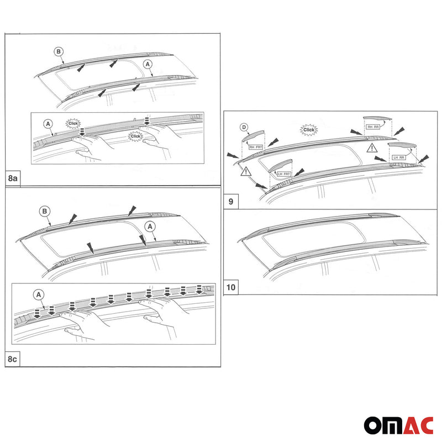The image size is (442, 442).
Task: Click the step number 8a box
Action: [13, 180]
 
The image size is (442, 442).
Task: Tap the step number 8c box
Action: [13, 359]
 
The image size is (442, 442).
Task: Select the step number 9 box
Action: [230, 202]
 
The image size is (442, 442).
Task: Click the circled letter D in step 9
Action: [244, 128]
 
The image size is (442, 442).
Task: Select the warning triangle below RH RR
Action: [372, 149]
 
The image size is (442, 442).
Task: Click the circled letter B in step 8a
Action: [59, 51]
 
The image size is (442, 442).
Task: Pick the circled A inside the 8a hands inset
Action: [48, 123]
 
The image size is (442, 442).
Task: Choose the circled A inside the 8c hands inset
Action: [40, 295]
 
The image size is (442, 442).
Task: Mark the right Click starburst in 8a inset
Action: [135, 135]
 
